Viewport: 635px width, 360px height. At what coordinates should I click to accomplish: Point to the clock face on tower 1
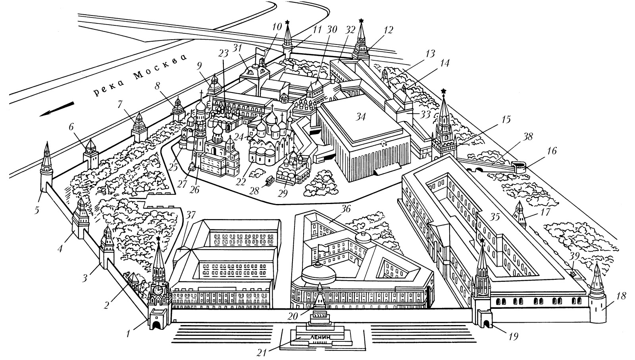click(x=158, y=290)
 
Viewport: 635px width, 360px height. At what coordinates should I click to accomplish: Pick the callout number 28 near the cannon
click(x=254, y=190)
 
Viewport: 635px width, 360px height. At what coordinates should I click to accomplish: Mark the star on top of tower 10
click(x=287, y=22)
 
